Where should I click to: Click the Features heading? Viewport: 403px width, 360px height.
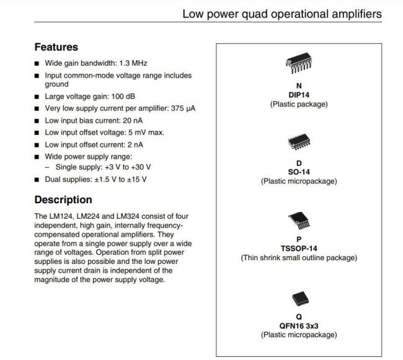point(56,47)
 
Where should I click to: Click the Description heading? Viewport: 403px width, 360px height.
point(63,200)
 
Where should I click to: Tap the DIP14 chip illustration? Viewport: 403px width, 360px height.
point(299,63)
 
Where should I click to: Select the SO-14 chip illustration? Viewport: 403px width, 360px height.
point(299,142)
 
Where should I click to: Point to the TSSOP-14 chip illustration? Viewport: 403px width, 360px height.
point(299,221)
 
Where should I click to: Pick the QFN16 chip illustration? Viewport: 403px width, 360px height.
point(300,299)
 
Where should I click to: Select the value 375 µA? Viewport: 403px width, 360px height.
point(184,108)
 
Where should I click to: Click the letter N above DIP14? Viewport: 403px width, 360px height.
point(299,86)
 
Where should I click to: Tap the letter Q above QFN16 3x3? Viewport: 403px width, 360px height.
point(299,317)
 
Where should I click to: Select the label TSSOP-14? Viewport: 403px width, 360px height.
point(299,248)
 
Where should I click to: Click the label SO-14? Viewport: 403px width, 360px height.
point(299,172)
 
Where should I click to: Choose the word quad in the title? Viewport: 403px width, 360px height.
point(254,14)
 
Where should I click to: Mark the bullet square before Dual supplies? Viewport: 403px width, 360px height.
point(37,180)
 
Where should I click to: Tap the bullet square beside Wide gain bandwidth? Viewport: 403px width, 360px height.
point(37,63)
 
